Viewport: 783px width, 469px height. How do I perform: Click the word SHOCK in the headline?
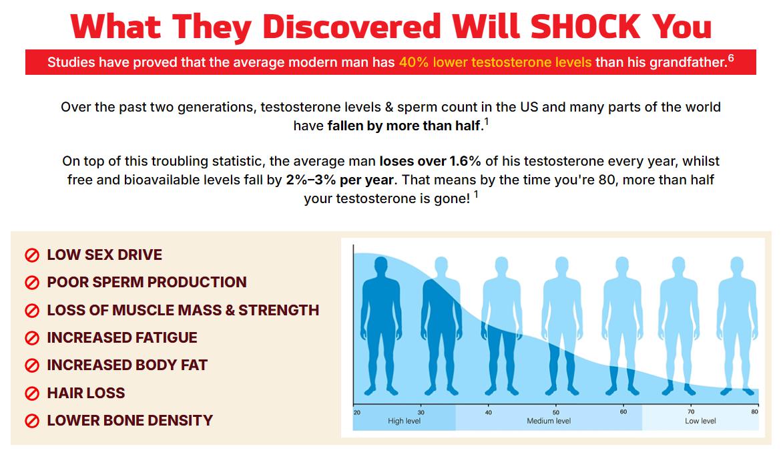(x=585, y=27)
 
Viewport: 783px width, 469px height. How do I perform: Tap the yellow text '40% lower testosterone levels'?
(x=495, y=63)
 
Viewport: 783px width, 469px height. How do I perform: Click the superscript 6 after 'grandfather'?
(x=731, y=58)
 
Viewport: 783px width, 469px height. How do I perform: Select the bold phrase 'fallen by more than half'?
(x=403, y=126)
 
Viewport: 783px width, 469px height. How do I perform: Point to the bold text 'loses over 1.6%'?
(x=430, y=161)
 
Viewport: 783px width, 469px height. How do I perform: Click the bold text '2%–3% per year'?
(x=340, y=180)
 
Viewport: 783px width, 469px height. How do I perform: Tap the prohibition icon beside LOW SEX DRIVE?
(x=32, y=255)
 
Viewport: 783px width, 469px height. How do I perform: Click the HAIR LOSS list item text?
(x=86, y=393)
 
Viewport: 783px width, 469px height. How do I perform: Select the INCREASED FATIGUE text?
(x=122, y=337)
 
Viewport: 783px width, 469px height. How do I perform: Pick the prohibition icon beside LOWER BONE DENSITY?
(x=32, y=421)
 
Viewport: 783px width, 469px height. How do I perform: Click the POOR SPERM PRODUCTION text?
(x=147, y=282)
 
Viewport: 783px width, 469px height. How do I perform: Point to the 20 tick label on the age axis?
(x=357, y=412)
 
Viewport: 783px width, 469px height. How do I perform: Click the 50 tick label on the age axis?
(x=556, y=412)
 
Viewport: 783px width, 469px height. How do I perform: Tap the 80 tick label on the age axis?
(x=754, y=412)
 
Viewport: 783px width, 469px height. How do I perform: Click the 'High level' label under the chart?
(x=404, y=421)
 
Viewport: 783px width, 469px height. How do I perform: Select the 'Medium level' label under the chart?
(x=548, y=421)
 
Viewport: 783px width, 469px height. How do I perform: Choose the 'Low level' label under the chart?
(x=700, y=421)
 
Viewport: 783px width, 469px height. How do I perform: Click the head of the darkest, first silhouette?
(x=381, y=265)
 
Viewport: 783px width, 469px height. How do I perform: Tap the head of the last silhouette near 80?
(x=737, y=265)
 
